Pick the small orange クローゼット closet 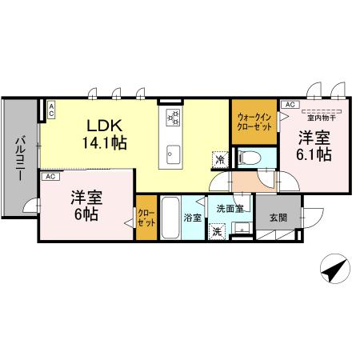146,218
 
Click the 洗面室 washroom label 230,208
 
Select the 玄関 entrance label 278,217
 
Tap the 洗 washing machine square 217,232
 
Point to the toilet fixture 248,157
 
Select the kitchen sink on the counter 174,153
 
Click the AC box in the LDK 50,110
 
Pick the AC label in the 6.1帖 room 289,104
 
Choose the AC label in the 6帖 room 50,175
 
